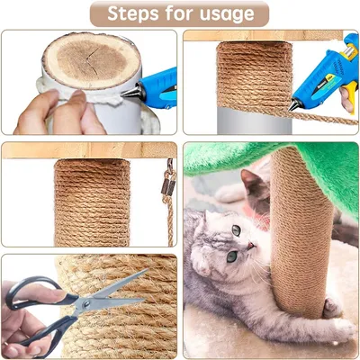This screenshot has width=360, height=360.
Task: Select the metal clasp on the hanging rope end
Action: pos(167,184)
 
